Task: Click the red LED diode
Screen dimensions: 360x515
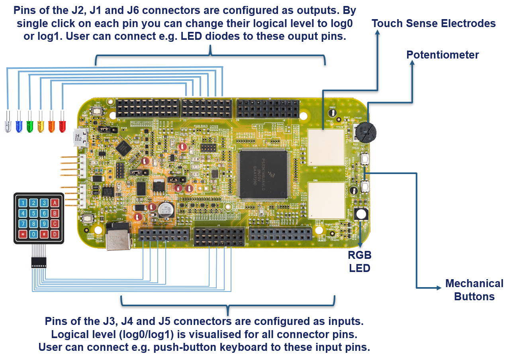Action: pos(62,124)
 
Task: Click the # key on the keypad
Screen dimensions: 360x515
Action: pos(45,234)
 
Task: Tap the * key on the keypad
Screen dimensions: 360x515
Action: pos(23,234)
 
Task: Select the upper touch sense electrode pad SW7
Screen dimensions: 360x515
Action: pos(326,147)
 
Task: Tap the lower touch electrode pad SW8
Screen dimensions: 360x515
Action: pos(326,200)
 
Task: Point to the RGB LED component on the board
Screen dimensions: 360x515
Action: pos(360,215)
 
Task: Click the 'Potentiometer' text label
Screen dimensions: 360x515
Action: pos(443,55)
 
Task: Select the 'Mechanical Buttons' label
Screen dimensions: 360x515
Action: pos(474,290)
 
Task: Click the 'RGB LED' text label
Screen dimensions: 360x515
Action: pos(360,262)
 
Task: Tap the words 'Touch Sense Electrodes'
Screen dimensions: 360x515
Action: pos(433,23)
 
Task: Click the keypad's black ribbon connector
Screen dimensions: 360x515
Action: pos(39,262)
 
